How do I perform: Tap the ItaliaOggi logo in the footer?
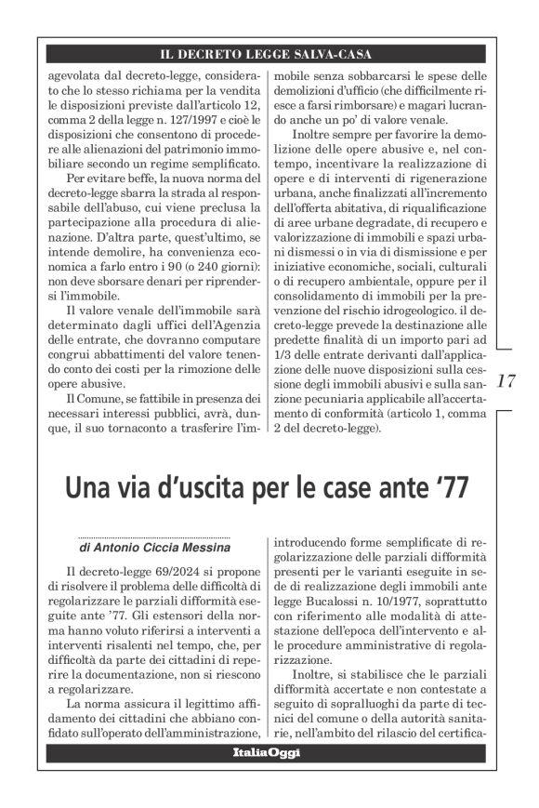tap(269, 751)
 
